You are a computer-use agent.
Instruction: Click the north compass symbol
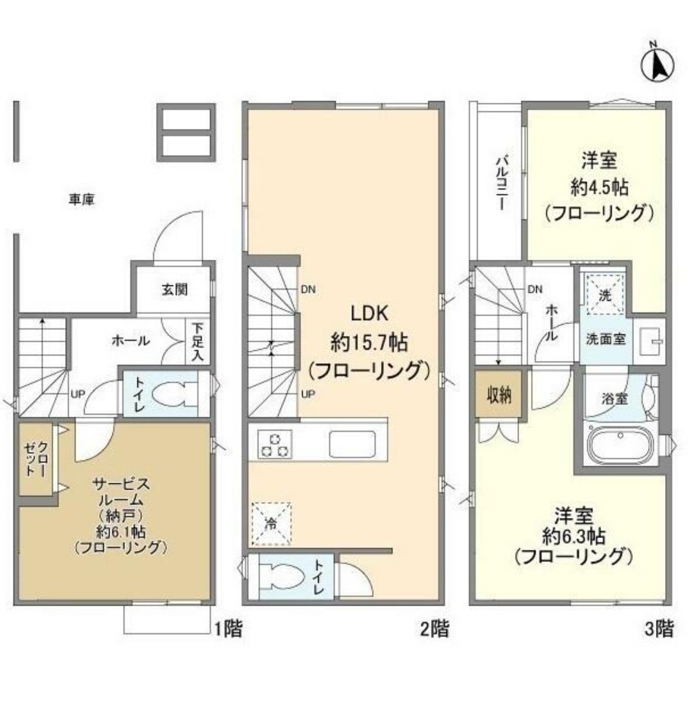coord(658,66)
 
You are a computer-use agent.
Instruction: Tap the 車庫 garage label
coord(82,200)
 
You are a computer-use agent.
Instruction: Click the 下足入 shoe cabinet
coord(198,341)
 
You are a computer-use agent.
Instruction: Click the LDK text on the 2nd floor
coord(369,314)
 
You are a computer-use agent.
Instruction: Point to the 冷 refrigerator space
coord(272,522)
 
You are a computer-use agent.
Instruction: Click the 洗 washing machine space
coord(604,293)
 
